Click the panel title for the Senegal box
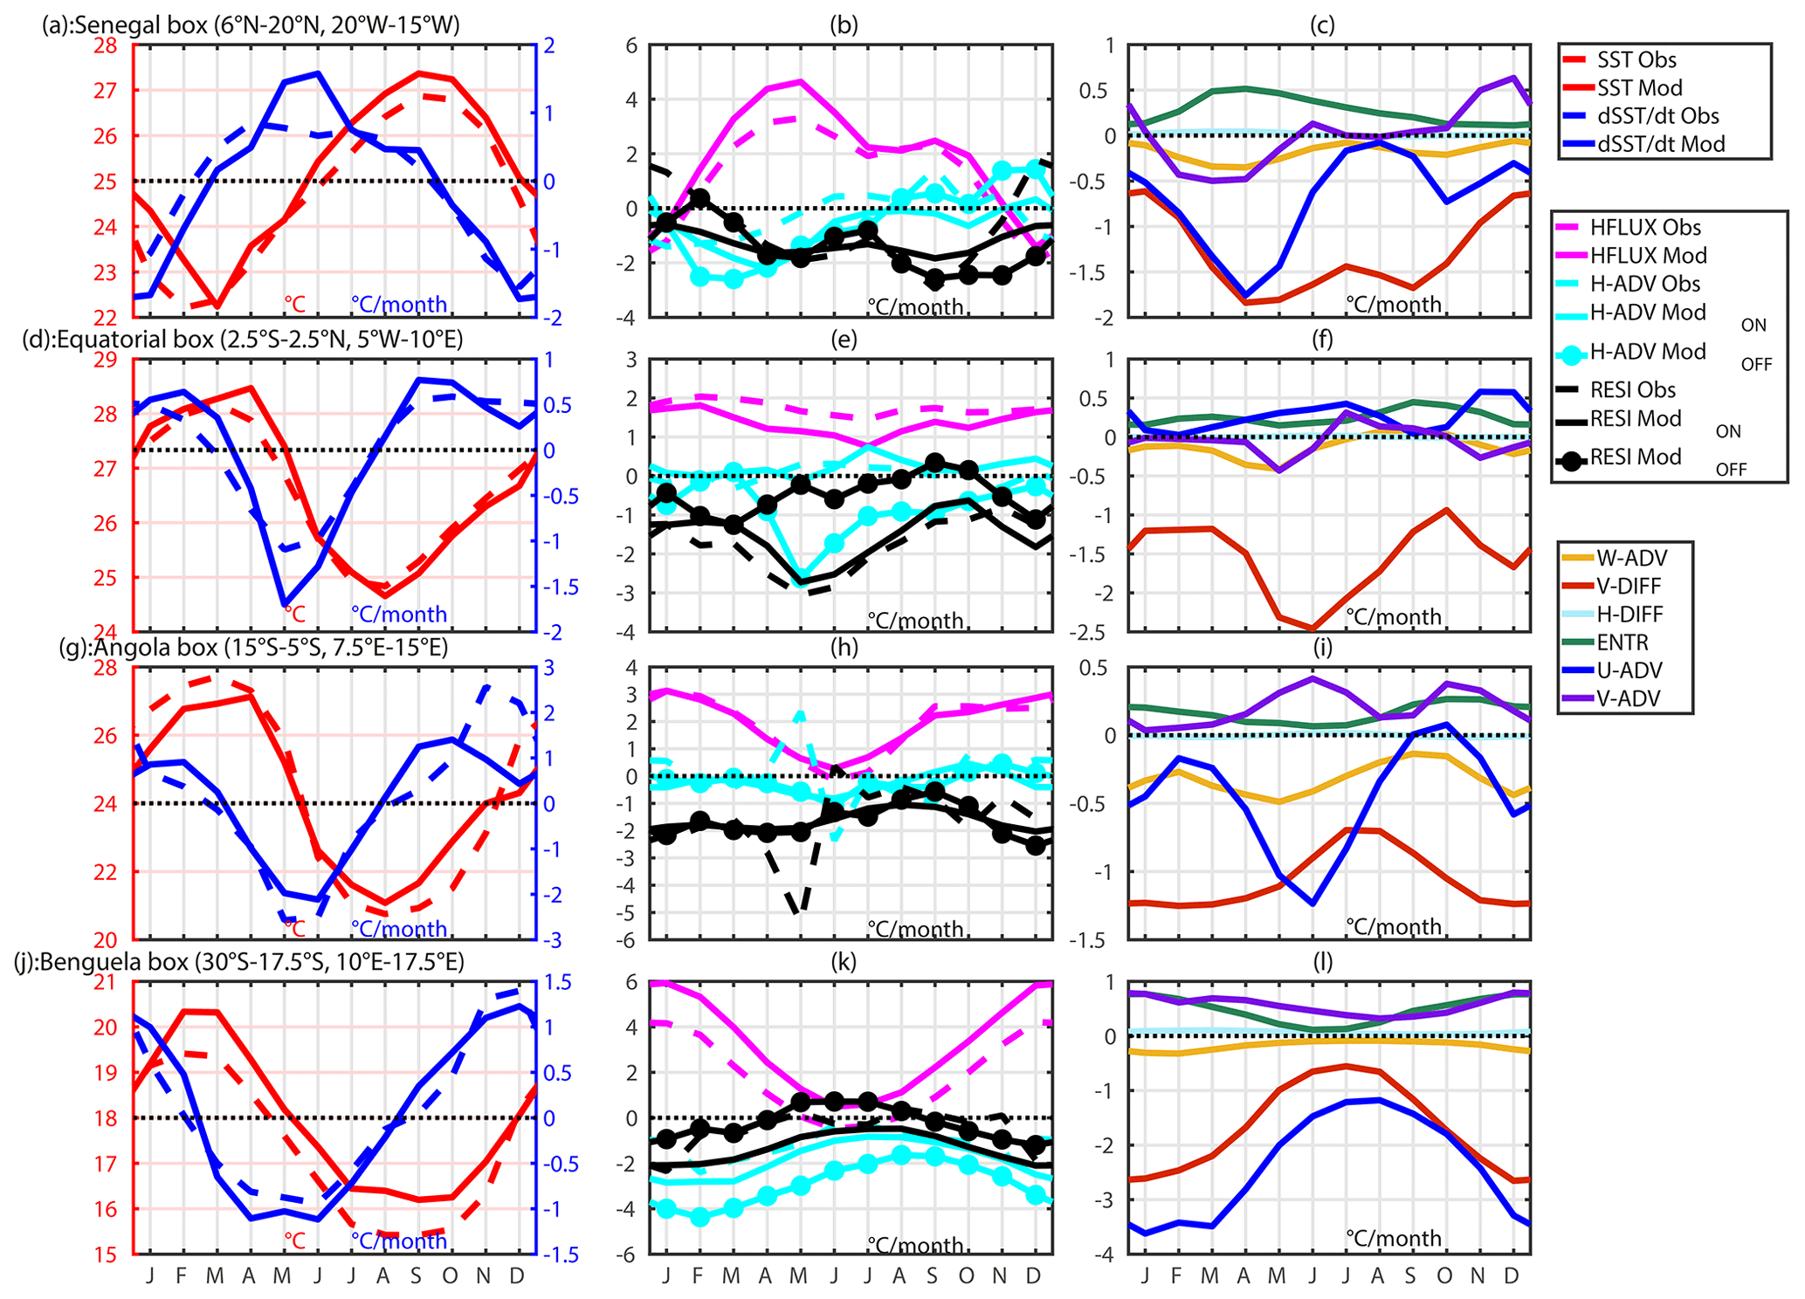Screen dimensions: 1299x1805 click(251, 24)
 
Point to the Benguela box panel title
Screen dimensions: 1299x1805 click(239, 961)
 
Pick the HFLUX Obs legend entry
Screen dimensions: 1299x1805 click(1644, 228)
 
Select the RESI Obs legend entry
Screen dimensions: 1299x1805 click(1632, 389)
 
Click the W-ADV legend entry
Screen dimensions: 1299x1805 click(1631, 557)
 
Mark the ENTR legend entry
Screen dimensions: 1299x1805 click(1622, 643)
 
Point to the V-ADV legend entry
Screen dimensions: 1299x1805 click(1629, 698)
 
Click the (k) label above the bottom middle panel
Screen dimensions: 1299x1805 click(844, 961)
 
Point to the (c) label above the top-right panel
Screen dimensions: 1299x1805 click(1322, 24)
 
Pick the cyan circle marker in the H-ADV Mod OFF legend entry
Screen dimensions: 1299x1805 click(1571, 354)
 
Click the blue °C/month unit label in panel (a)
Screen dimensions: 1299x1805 click(399, 305)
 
